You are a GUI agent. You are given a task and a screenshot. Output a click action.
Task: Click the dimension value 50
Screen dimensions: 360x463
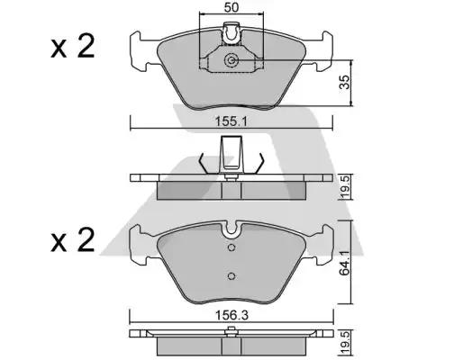(232, 9)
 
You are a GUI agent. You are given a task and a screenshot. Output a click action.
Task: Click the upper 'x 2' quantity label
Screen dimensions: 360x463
(71, 47)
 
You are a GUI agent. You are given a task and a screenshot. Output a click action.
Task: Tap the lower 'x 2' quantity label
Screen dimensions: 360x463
(71, 240)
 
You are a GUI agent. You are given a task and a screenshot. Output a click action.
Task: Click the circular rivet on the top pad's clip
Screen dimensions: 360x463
(233, 61)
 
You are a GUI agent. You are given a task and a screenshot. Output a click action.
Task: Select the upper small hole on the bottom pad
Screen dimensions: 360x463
(231, 247)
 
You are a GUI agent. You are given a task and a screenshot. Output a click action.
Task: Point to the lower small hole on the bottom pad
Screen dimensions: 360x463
(231, 275)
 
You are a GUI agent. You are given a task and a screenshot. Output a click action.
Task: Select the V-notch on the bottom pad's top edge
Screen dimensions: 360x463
(231, 229)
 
